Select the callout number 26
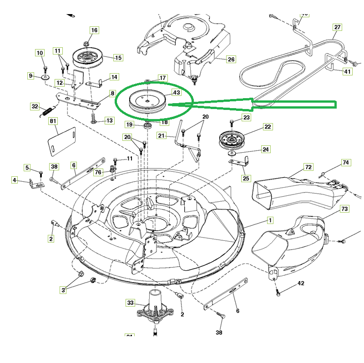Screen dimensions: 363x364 click(231, 59)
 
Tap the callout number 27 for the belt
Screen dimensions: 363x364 click(337, 27)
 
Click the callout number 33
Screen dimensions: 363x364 click(131, 303)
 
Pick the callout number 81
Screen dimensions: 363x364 click(53, 121)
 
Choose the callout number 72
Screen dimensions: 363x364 click(308, 167)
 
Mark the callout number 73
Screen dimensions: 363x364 click(344, 209)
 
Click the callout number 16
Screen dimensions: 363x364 click(94, 30)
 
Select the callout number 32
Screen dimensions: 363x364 click(35, 106)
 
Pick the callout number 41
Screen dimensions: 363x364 click(348, 71)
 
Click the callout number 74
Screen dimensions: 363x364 click(346, 163)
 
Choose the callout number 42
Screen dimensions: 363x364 click(301, 283)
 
